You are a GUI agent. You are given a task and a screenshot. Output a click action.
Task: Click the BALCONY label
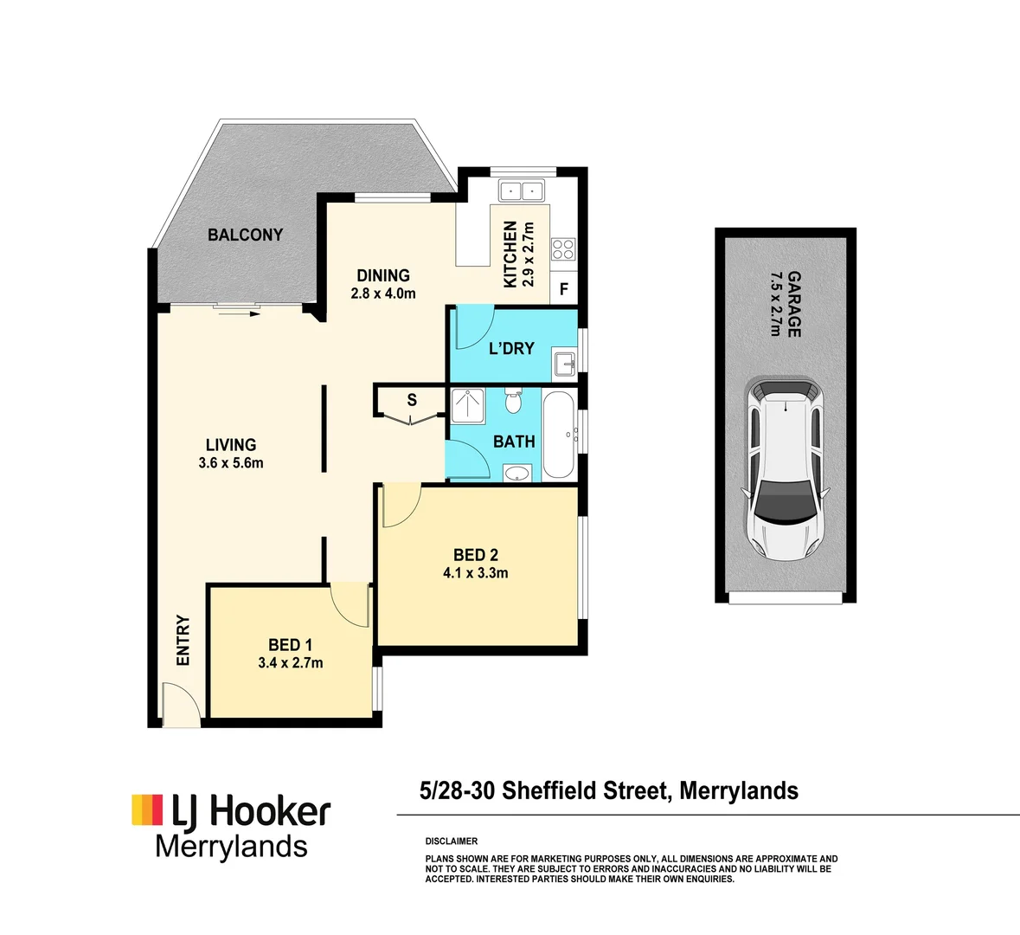[x=245, y=235]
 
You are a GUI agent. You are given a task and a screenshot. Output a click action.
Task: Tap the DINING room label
[x=383, y=275]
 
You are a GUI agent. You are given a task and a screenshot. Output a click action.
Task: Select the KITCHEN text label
[x=510, y=254]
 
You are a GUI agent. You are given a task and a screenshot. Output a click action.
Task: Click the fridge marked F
[x=564, y=289]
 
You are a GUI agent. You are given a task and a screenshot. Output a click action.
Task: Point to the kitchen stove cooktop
[x=563, y=249]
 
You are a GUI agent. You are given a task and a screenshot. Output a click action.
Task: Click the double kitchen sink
[x=520, y=190]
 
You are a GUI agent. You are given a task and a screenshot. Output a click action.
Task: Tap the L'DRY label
[x=511, y=348]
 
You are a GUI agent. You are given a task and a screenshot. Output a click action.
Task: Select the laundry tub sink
[x=566, y=364]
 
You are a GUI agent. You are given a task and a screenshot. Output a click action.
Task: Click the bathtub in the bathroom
[x=558, y=435]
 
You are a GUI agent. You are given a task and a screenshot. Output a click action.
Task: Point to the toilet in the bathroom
[x=513, y=403]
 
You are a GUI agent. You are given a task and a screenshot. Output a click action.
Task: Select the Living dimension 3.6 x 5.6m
[x=231, y=463]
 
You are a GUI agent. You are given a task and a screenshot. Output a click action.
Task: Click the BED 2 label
[x=476, y=555]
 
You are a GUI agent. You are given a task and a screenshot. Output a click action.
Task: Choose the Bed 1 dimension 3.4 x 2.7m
[x=291, y=663]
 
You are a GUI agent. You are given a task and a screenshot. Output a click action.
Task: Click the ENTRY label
[x=183, y=641]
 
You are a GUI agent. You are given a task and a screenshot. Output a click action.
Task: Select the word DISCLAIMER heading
[x=452, y=841]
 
